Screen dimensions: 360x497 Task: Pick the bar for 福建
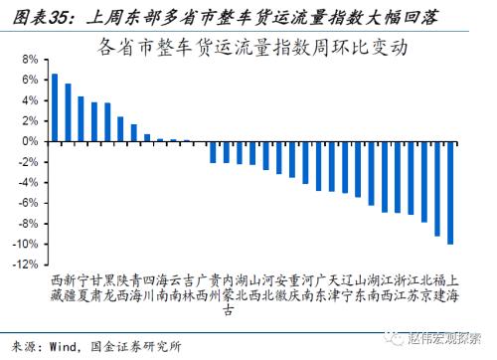click(x=437, y=188)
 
